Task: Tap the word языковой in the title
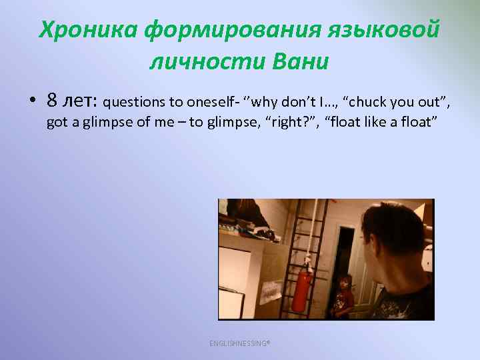[384, 31]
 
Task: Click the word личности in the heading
[207, 62]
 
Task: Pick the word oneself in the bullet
[206, 103]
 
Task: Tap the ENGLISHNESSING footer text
[239, 343]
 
